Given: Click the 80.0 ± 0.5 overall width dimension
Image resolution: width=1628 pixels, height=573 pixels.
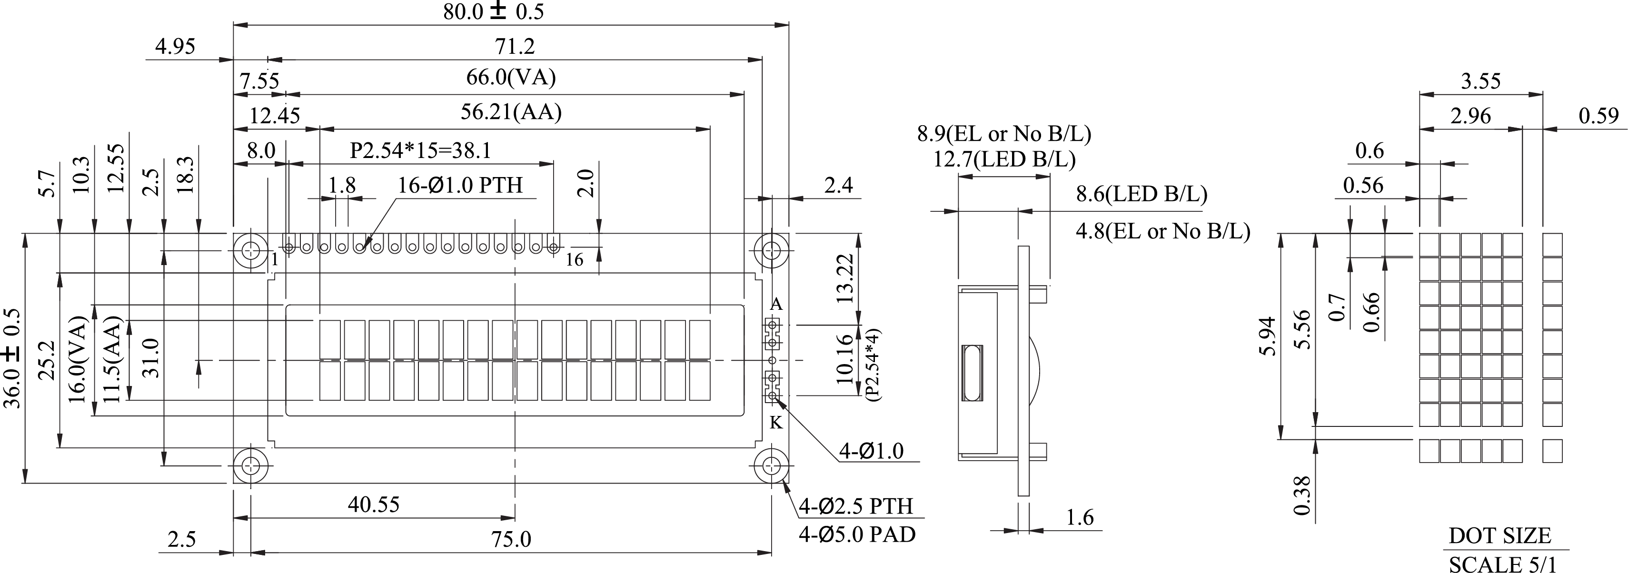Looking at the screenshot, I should click(493, 11).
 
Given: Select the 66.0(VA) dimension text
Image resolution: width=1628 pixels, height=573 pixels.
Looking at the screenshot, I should click(511, 78).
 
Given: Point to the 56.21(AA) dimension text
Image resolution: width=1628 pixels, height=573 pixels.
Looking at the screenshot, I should click(511, 112).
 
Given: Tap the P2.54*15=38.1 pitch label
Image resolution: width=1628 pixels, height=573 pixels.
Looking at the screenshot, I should click(420, 150).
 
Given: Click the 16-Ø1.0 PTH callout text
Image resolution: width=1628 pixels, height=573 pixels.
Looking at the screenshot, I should click(460, 185).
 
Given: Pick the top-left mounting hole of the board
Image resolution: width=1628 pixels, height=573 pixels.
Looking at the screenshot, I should click(251, 250).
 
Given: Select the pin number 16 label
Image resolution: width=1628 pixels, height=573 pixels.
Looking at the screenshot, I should click(574, 260).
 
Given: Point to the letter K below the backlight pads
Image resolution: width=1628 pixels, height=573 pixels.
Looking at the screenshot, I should click(776, 423).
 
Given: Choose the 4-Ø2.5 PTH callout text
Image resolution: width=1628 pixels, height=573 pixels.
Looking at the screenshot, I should click(856, 506).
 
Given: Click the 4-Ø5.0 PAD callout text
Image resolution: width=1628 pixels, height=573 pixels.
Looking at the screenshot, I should click(857, 534).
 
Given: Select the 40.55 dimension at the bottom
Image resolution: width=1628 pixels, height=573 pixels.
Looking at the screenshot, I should click(374, 504).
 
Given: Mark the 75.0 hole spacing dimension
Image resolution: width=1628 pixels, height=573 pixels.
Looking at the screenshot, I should click(511, 539).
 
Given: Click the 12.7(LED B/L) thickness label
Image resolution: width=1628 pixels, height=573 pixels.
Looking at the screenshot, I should click(1004, 158).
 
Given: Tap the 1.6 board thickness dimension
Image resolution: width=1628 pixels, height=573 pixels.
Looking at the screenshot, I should click(1080, 517).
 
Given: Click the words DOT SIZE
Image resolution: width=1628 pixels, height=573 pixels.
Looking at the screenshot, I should click(1499, 536).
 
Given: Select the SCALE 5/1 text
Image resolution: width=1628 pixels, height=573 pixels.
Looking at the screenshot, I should click(1501, 564).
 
